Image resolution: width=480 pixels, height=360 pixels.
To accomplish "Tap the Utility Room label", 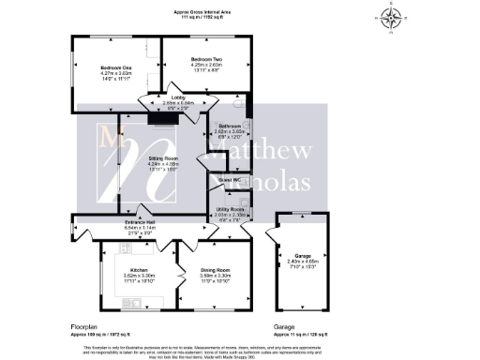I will pos(231,210).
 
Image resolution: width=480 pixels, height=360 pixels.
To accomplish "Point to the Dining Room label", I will pos(215,270).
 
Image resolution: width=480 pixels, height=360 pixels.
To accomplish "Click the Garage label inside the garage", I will pos(301,256).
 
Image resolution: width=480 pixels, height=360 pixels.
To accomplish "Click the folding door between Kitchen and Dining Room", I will pos(176,272).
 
